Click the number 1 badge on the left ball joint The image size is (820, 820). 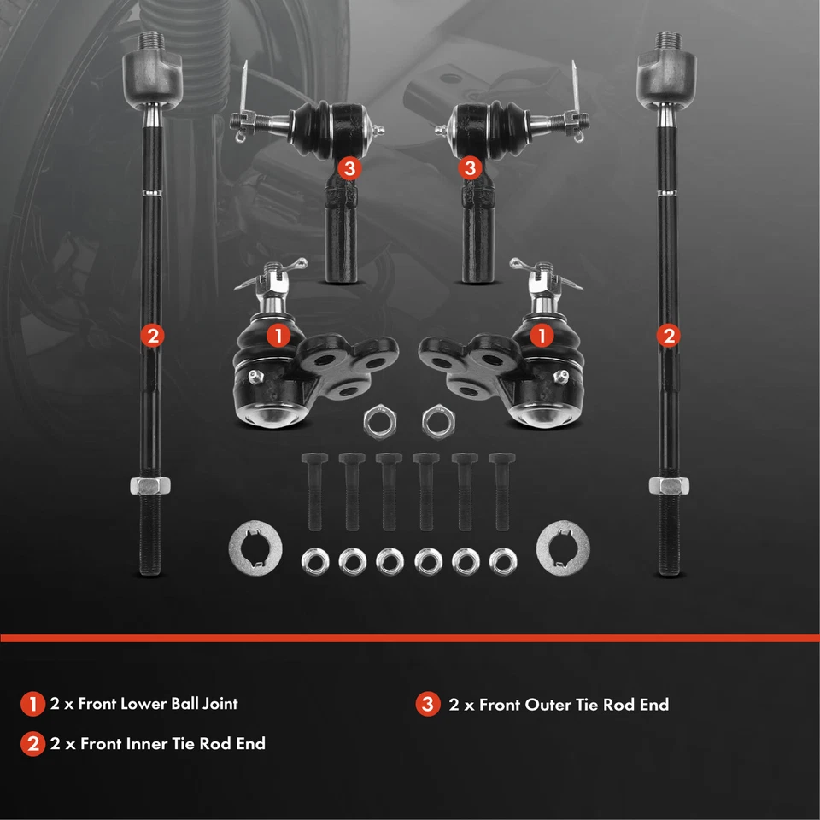click(277, 336)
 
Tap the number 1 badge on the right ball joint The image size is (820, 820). click(540, 336)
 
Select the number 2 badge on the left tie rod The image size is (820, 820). click(152, 336)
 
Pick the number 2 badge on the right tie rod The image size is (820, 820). click(668, 336)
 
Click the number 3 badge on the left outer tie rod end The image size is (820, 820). click(348, 167)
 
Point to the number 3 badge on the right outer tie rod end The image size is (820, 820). click(470, 167)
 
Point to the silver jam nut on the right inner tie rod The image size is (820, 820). click(669, 486)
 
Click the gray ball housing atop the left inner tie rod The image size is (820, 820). click(153, 76)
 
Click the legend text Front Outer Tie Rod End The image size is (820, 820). click(574, 705)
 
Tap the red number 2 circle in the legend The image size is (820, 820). click(33, 744)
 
